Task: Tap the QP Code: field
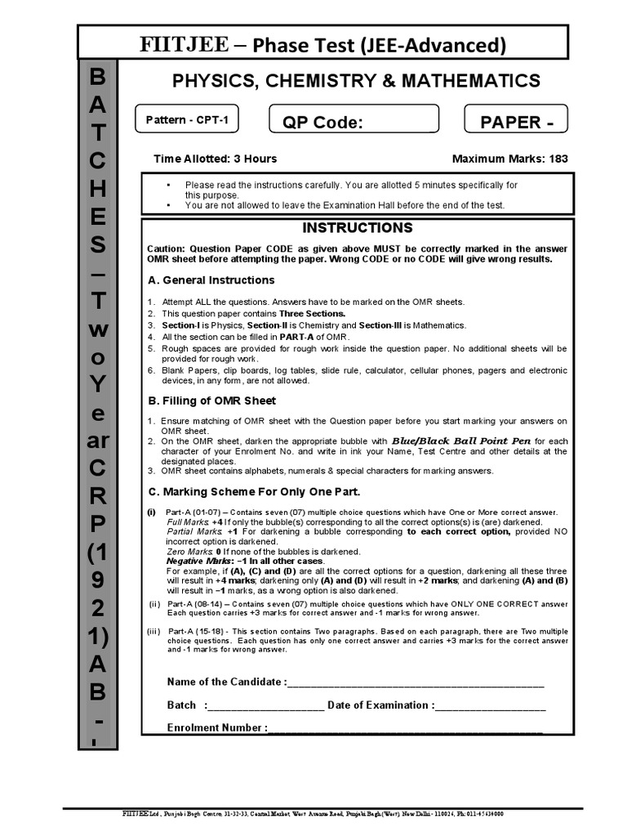coord(354,123)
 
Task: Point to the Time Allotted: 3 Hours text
coord(216,159)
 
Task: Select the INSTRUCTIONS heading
coord(358,228)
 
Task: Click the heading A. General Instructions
coord(211,280)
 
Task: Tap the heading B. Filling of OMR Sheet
coord(211,401)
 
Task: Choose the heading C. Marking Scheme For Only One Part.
coord(254,492)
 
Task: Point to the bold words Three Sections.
coord(313,313)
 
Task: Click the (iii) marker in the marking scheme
coord(154,632)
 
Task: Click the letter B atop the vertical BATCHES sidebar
coord(97,78)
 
